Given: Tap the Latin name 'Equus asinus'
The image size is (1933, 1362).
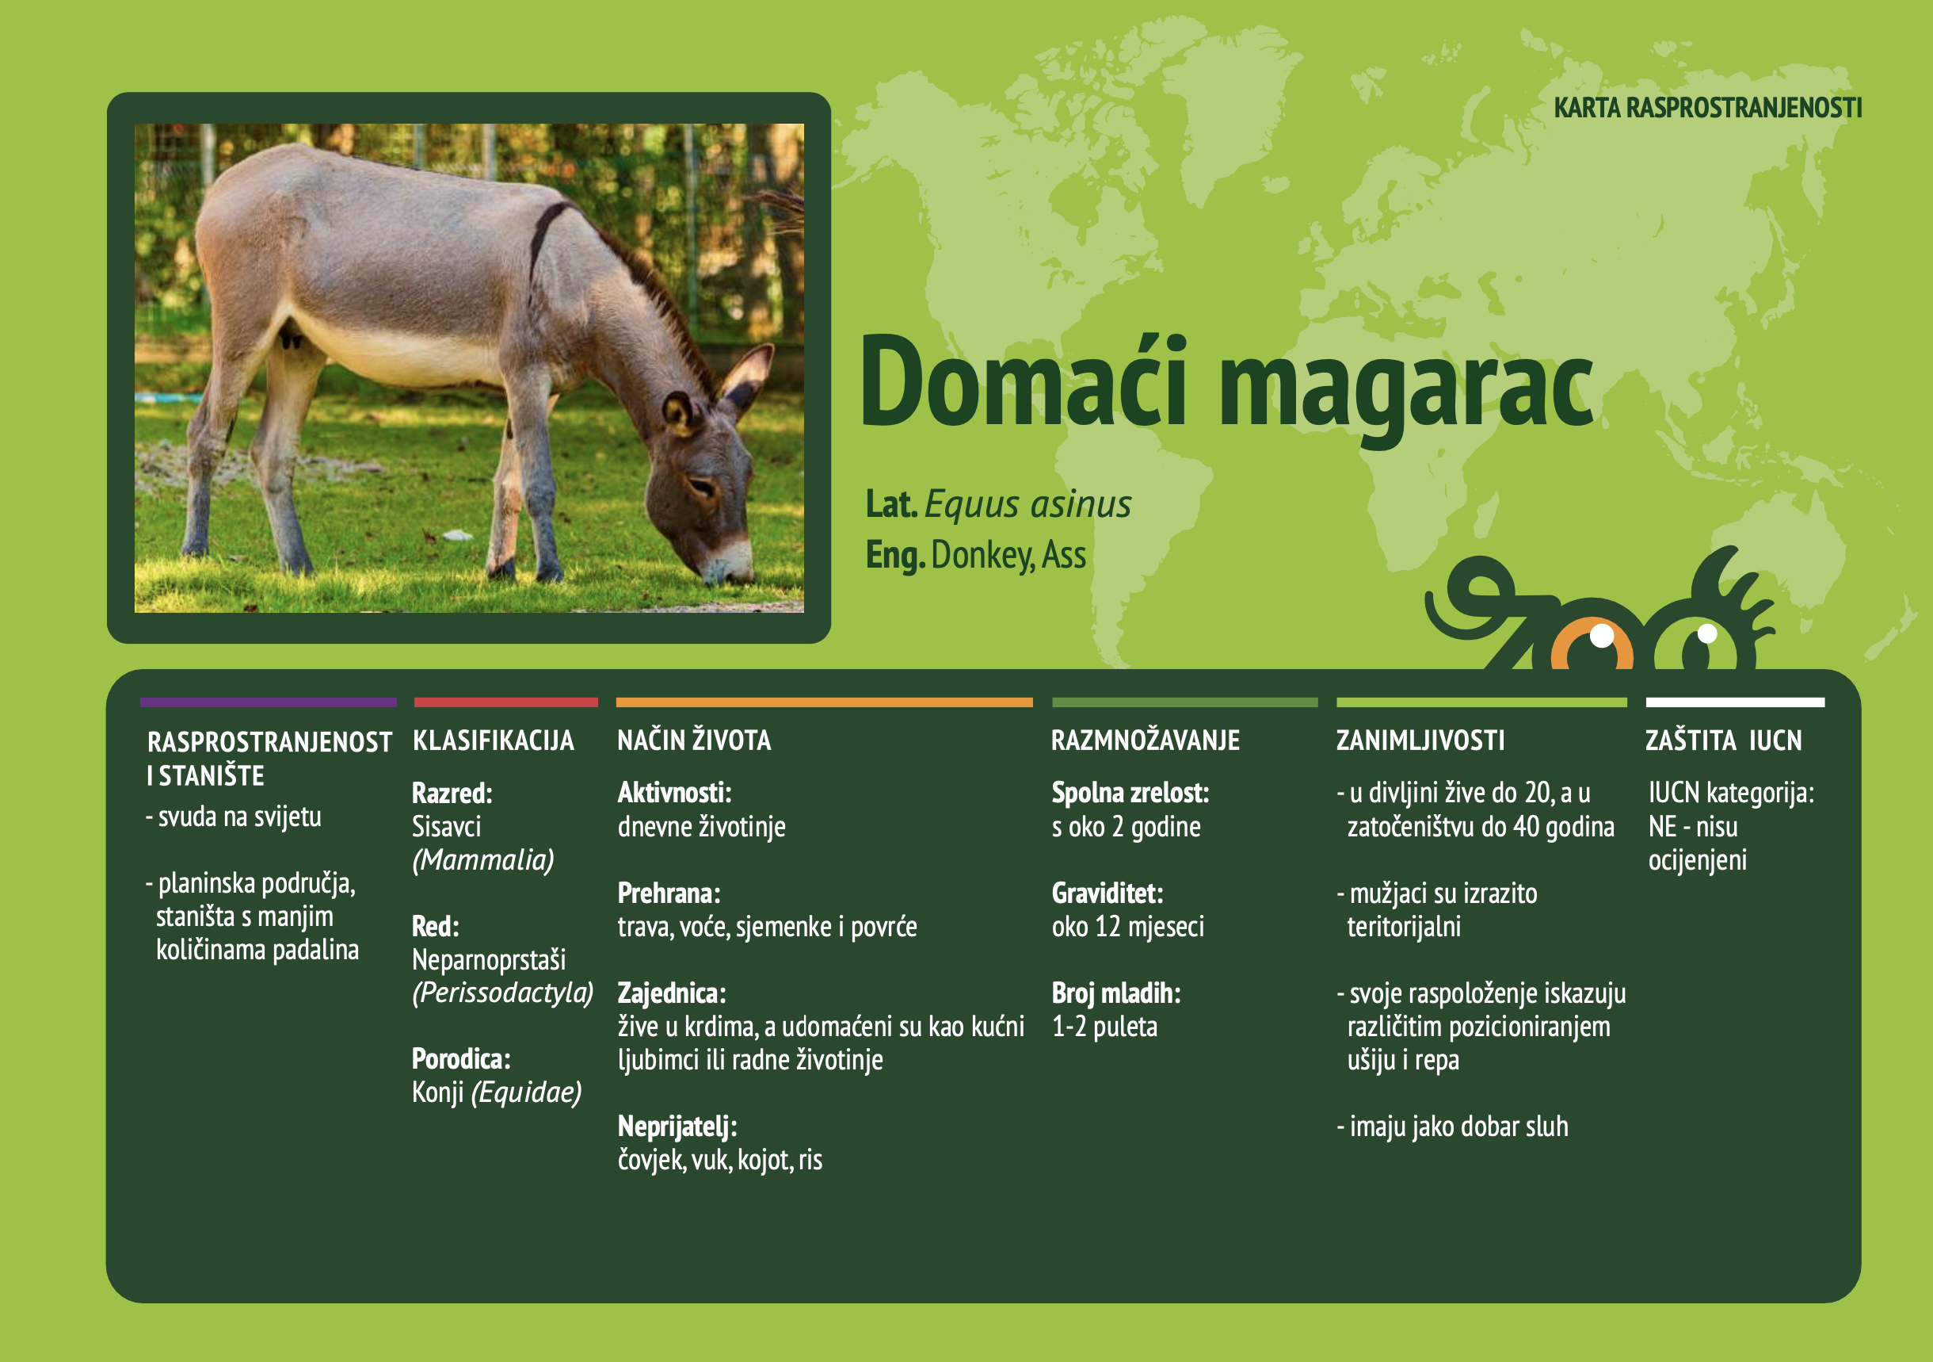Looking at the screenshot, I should click(1028, 504).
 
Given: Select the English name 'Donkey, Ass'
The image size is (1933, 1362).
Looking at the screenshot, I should click(1008, 555).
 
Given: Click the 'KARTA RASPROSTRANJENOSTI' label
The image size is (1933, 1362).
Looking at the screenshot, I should click(1706, 108).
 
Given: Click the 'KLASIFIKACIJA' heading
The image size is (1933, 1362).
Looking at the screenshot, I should click(494, 740).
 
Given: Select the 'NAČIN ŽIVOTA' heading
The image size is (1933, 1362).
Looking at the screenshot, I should click(694, 740).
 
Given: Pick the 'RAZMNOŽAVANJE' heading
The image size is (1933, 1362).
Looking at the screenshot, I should click(1145, 740).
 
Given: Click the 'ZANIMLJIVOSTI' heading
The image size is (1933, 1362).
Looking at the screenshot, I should click(1420, 740).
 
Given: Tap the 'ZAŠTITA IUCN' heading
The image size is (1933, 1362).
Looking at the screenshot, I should click(1723, 740).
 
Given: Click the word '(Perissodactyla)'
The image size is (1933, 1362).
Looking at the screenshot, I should click(502, 993).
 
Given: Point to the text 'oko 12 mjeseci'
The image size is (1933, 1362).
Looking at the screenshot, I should click(1127, 927).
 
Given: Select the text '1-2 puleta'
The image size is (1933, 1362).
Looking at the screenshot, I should click(1104, 1027).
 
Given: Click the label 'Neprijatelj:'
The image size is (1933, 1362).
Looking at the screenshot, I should click(677, 1127).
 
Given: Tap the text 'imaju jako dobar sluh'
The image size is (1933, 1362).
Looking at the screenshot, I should click(1458, 1127).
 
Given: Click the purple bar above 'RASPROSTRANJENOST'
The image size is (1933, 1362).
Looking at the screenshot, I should click(268, 702).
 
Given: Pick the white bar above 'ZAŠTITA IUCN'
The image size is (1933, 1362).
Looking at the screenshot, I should click(1734, 702).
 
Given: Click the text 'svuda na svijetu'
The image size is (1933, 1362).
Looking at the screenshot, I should click(239, 817).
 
